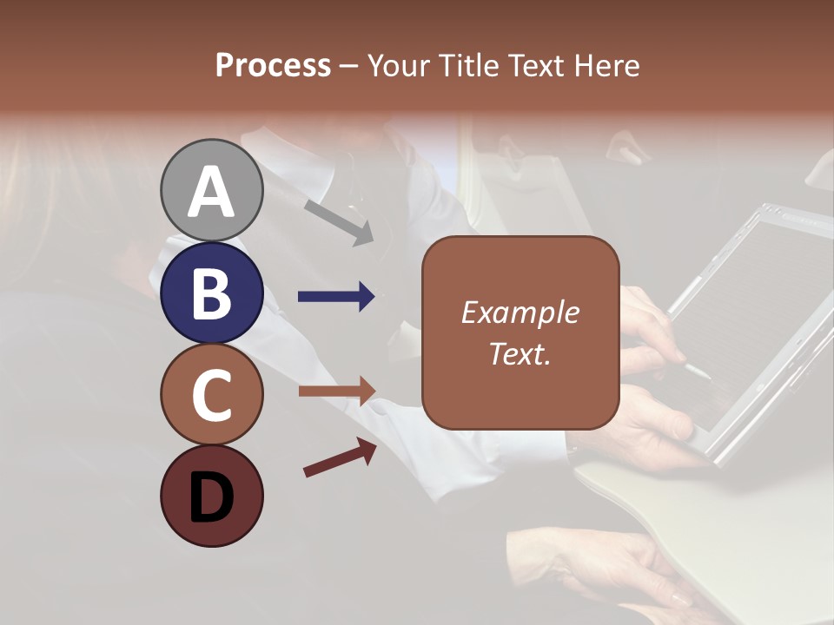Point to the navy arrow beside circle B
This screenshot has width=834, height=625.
[335, 297]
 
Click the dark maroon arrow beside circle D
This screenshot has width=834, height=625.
[340, 457]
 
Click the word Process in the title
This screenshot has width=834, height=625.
[273, 65]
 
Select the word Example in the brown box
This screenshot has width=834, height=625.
[520, 312]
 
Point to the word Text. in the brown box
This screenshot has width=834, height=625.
[520, 353]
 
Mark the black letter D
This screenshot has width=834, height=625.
[211, 499]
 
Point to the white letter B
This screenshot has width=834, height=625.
[211, 293]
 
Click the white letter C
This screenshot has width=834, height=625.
[211, 395]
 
